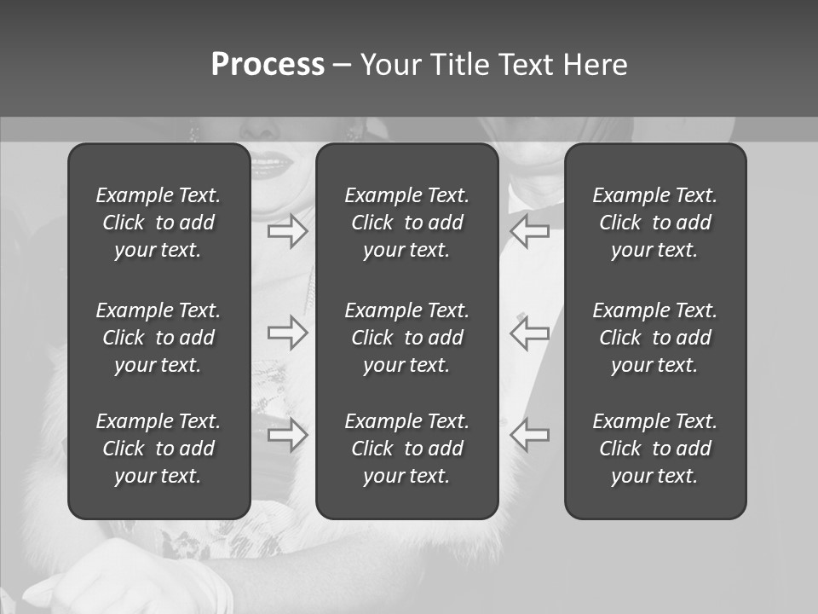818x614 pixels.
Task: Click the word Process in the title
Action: point(268,65)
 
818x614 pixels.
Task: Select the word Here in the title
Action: point(596,65)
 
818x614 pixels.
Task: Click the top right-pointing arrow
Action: point(288,230)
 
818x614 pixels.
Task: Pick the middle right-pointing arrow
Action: point(288,333)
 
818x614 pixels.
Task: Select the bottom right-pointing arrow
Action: point(288,435)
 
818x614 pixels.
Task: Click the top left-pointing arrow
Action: point(529,230)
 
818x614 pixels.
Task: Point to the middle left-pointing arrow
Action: point(529,333)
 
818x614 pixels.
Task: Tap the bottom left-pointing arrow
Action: point(529,435)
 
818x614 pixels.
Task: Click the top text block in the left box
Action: point(158,223)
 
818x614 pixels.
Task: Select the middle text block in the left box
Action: point(158,338)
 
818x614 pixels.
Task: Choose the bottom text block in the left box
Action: point(158,449)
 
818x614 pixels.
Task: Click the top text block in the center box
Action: point(407,223)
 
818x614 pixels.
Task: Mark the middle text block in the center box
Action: point(407,338)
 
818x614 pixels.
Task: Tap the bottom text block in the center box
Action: point(407,449)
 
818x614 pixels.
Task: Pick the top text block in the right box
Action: point(655,223)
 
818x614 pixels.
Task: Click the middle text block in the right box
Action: point(655,338)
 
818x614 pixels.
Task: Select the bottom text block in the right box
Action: point(655,449)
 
